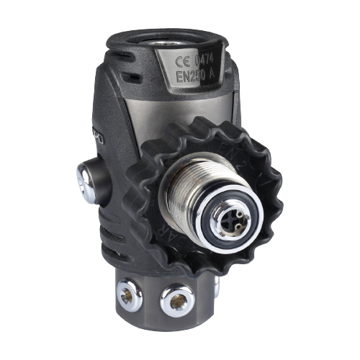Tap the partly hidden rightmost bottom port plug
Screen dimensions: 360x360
216,288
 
